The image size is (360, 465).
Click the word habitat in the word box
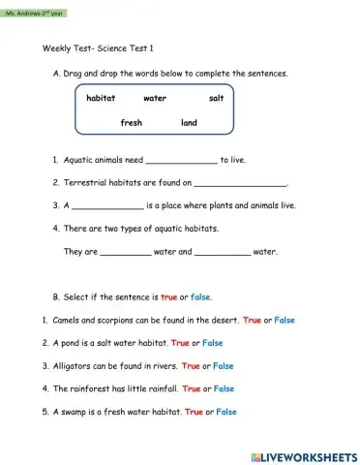[x=101, y=99]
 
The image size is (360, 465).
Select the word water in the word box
[x=155, y=99]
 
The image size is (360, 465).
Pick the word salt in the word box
[x=216, y=99]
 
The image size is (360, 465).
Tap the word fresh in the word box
[x=132, y=123]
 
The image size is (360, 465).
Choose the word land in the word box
[x=189, y=123]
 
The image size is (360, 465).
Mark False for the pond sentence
[x=213, y=343]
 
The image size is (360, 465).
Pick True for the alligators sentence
[x=191, y=366]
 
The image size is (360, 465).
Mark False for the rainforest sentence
[x=224, y=388]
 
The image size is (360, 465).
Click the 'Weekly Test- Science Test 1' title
[x=99, y=48]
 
